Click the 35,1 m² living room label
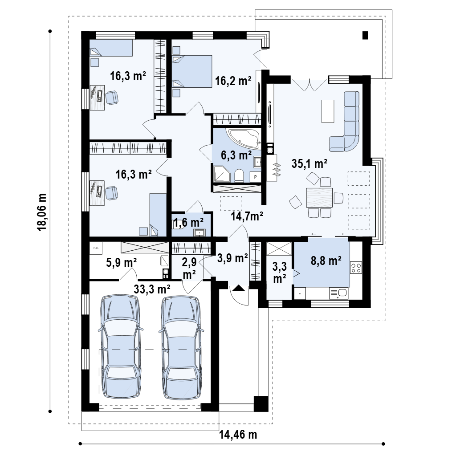(309, 164)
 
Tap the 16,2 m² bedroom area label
(233, 81)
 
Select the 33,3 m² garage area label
(152, 289)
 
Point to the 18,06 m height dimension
(42, 212)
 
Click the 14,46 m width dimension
(238, 435)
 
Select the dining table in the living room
(319, 197)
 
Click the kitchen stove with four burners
(356, 268)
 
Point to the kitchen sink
(338, 293)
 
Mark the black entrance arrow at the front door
(239, 288)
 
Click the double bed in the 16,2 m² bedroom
(192, 71)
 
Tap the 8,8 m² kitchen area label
(326, 261)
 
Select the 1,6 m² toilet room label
(189, 223)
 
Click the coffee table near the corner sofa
(328, 111)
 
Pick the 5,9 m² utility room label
(121, 263)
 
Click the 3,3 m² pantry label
(280, 272)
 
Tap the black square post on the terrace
(365, 35)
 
